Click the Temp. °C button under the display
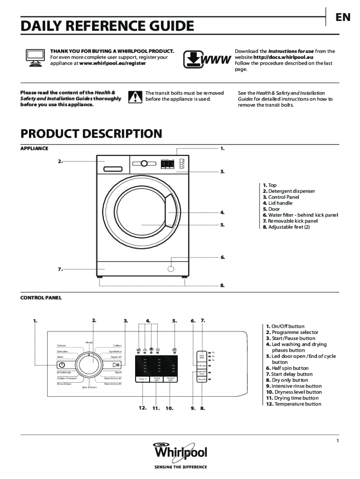coord(142,379)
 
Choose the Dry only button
coord(202,379)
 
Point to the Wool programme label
coord(60,357)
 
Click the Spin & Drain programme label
coord(89,388)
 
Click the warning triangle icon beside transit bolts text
coord(135,97)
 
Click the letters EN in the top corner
coord(342,17)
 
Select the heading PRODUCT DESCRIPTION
coord(91,134)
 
